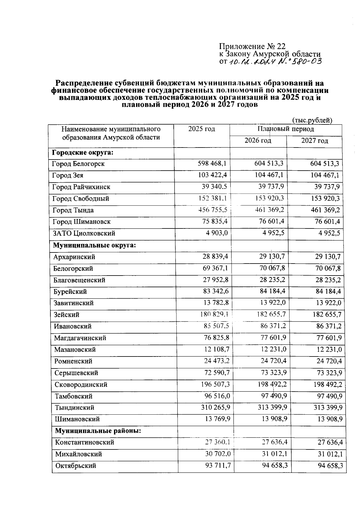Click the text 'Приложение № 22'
click(x=252, y=46)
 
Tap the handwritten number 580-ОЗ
click(x=300, y=62)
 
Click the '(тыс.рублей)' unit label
click(x=312, y=120)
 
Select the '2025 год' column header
click(x=202, y=129)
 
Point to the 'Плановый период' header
click(x=286, y=129)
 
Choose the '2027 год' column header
click(x=314, y=141)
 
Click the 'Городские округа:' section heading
click(x=82, y=153)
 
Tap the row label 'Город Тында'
click(x=73, y=210)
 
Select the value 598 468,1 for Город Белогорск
click(x=212, y=164)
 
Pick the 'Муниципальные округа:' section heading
click(x=94, y=245)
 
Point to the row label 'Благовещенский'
click(x=79, y=280)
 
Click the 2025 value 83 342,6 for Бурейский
click(x=216, y=291)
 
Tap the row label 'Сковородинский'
click(x=81, y=384)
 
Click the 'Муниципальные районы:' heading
click(x=98, y=431)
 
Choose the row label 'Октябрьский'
click(x=76, y=466)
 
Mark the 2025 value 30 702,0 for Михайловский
click(x=218, y=454)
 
